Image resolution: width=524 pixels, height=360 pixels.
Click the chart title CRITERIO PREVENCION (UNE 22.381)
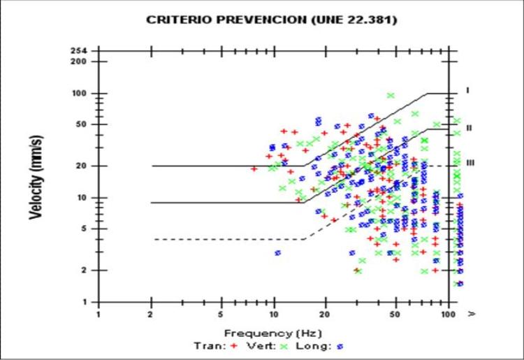(x=272, y=20)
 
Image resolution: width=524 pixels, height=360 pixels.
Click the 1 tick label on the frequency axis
(x=99, y=315)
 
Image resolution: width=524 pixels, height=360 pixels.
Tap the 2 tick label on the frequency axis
(x=152, y=315)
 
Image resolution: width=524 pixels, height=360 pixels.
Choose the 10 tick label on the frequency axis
(x=275, y=315)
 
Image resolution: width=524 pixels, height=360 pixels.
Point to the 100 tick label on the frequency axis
(x=448, y=315)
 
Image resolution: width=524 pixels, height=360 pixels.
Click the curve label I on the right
(x=469, y=91)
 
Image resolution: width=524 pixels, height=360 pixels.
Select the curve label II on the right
(x=470, y=128)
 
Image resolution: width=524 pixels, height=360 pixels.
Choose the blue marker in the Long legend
(x=340, y=345)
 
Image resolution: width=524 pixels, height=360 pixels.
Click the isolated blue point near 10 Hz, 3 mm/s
(x=277, y=252)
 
